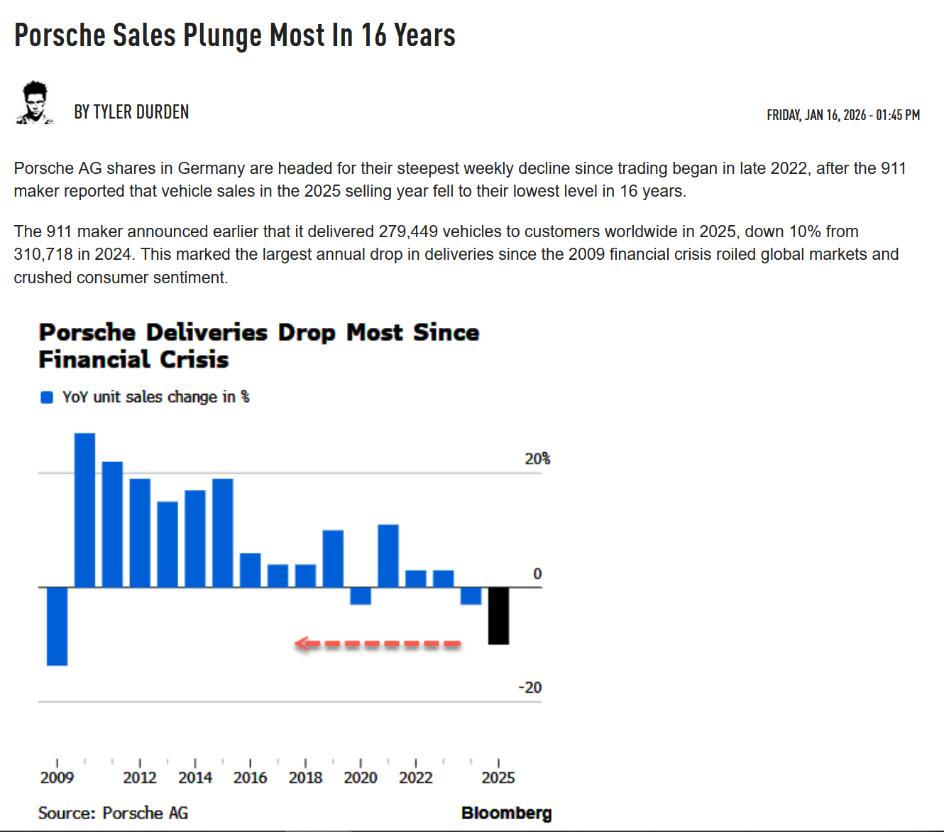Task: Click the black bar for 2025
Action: (x=498, y=615)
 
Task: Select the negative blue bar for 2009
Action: (x=57, y=626)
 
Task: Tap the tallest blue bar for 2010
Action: (x=84, y=510)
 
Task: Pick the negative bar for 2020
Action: (x=361, y=596)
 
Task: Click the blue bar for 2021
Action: (x=388, y=556)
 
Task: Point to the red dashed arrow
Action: (x=378, y=644)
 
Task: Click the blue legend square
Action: (x=47, y=398)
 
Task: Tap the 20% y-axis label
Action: (x=537, y=459)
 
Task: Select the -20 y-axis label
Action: (x=530, y=687)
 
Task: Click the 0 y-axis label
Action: (x=537, y=574)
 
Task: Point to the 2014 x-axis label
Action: (x=195, y=778)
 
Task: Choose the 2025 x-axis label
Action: (x=498, y=778)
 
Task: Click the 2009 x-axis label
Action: (x=57, y=778)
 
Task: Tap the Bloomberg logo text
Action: (x=506, y=813)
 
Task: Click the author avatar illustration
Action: (x=35, y=104)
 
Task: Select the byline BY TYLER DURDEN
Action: (x=131, y=112)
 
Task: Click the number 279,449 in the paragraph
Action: (x=408, y=231)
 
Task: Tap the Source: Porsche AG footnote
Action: (x=113, y=813)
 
